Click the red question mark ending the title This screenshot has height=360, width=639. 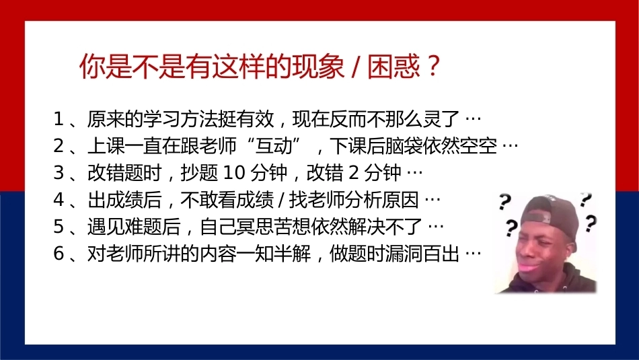(x=433, y=65)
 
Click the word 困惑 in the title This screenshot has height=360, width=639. (x=393, y=66)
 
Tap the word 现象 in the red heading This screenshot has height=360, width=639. (x=318, y=66)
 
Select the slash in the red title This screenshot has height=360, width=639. (x=356, y=66)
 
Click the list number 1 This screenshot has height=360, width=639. (x=59, y=119)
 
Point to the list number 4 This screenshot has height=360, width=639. (x=59, y=200)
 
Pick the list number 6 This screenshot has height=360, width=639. (x=59, y=254)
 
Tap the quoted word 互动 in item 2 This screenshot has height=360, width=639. (x=274, y=146)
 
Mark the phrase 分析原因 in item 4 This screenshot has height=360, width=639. (x=382, y=200)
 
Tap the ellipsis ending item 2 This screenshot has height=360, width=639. (x=511, y=146)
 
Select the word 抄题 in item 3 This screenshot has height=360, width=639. (x=199, y=173)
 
